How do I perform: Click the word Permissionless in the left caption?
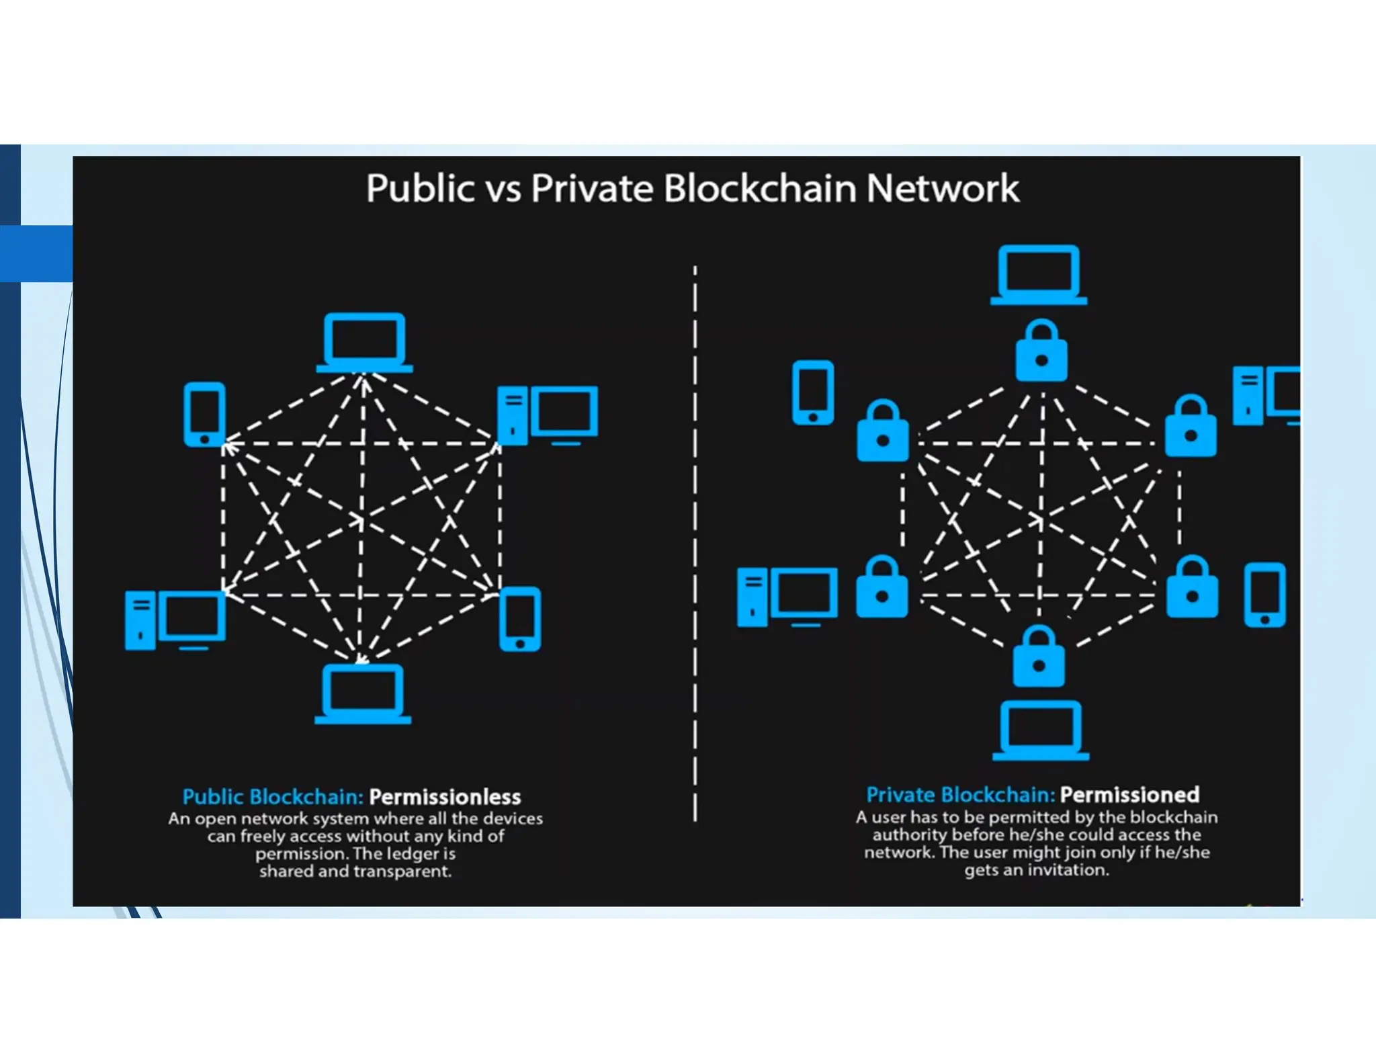[445, 797]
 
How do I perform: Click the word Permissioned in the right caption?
[1129, 795]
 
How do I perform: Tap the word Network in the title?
[943, 188]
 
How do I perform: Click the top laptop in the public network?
[364, 342]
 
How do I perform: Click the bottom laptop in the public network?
[363, 693]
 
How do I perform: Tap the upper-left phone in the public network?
[204, 414]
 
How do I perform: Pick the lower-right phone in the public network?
[520, 619]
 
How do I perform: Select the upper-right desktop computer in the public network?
[548, 414]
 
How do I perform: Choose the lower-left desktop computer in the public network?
[175, 620]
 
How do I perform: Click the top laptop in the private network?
[1039, 275]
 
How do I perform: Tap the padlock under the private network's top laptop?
[1041, 351]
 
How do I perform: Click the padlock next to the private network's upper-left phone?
[883, 431]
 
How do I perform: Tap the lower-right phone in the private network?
[1264, 595]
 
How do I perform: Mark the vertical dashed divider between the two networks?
[695, 538]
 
